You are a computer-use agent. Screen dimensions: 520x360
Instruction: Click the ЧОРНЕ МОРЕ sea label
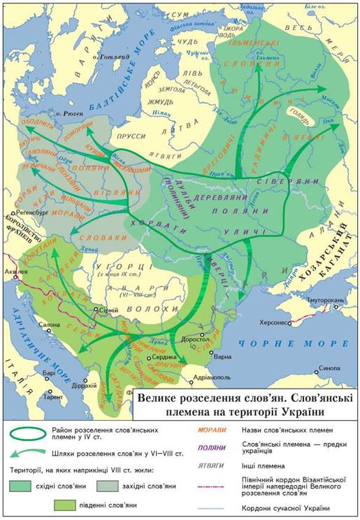[292, 343]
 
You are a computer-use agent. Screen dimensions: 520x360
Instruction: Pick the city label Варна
[222, 356]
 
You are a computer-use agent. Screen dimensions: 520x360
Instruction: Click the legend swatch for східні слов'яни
[24, 486]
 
